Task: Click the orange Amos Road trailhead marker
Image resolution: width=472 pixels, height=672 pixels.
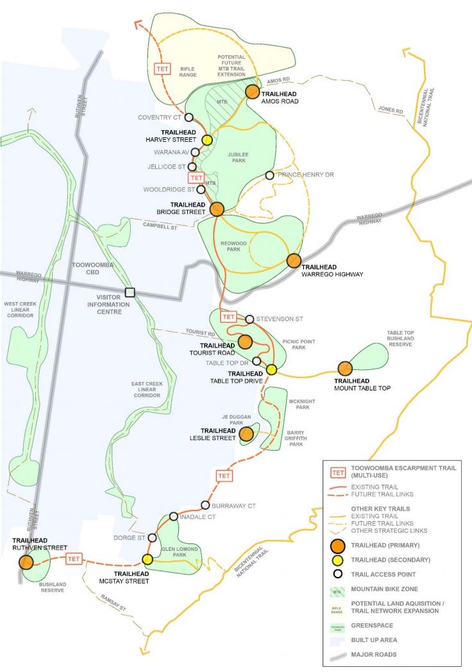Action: [x=252, y=92]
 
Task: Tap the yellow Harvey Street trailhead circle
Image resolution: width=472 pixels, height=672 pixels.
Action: [x=207, y=140]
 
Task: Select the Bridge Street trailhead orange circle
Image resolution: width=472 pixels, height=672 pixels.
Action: [x=217, y=209]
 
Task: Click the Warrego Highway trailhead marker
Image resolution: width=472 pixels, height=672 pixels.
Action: [x=294, y=260]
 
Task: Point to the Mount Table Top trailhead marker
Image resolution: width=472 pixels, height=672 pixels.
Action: [x=345, y=368]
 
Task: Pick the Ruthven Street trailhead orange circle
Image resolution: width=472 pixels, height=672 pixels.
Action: [x=26, y=562]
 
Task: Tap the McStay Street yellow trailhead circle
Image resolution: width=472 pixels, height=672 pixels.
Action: [x=147, y=559]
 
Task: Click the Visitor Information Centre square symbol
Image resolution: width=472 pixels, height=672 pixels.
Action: [x=130, y=292]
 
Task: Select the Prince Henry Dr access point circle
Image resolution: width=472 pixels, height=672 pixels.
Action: [x=270, y=175]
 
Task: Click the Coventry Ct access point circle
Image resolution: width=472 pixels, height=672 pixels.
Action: [x=189, y=117]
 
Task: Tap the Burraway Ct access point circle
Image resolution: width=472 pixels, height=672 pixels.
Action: [x=205, y=505]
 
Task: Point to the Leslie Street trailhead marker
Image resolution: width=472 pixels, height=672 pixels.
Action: [x=246, y=435]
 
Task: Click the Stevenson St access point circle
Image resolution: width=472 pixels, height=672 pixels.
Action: [x=249, y=319]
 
